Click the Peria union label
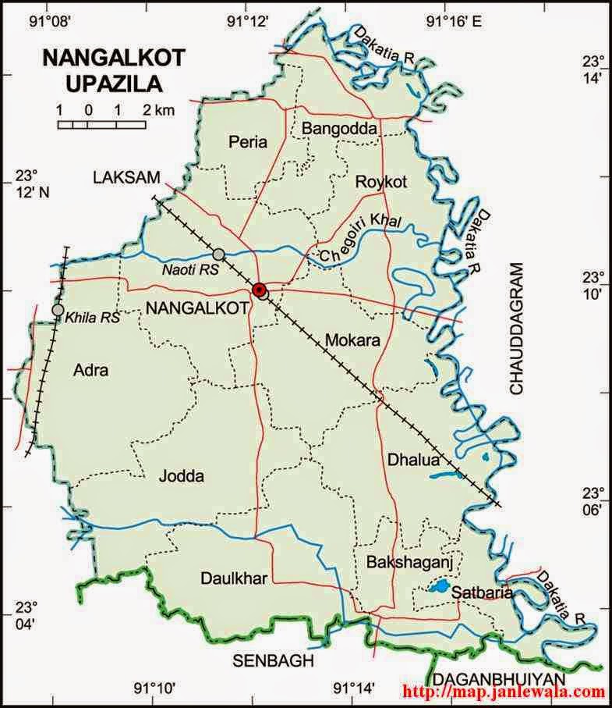[248, 142]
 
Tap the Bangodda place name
[339, 127]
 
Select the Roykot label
[381, 182]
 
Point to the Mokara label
[352, 340]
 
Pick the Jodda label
[182, 475]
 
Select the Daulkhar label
[234, 578]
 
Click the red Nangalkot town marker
[260, 290]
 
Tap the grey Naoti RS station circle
[218, 254]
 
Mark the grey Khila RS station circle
[58, 310]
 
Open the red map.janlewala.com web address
[504, 692]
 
